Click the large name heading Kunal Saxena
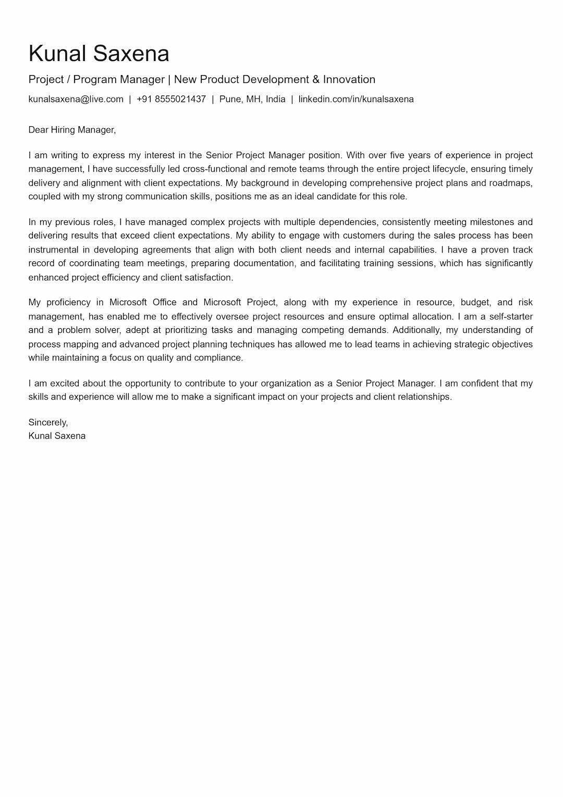[99, 54]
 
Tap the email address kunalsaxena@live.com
[76, 99]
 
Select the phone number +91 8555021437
[171, 99]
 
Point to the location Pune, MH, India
[252, 99]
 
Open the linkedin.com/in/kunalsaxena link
[356, 99]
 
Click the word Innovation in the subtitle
[349, 79]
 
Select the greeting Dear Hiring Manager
[72, 130]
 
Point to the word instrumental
[53, 250]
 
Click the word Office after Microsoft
[165, 303]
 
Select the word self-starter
[511, 317]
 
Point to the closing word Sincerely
[48, 422]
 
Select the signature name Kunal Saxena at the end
[57, 436]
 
